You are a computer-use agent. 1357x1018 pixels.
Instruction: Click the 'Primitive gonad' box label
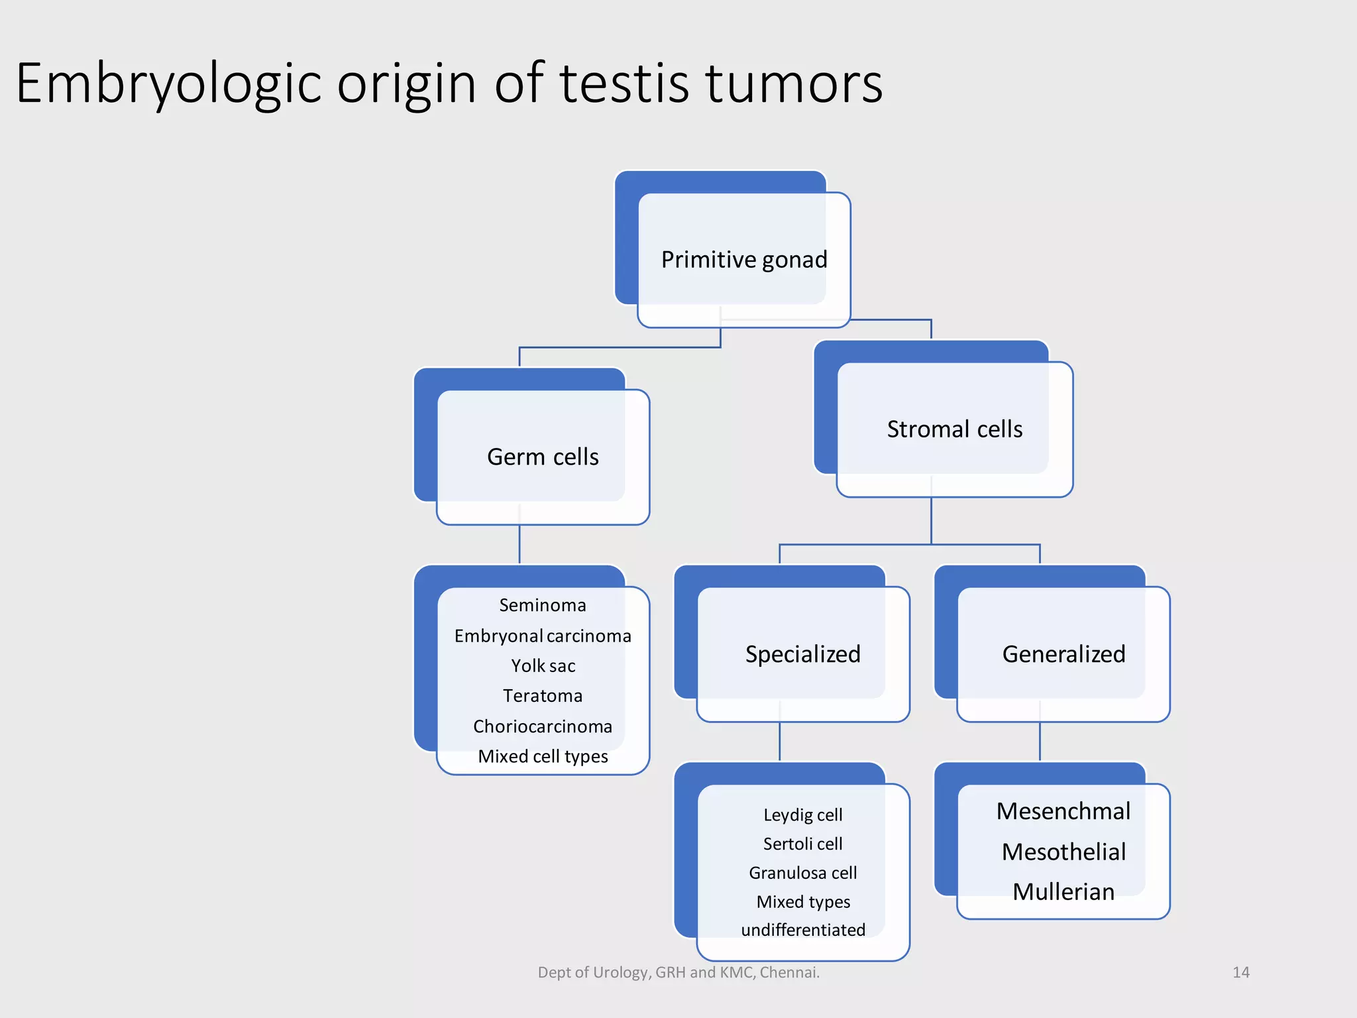[744, 260]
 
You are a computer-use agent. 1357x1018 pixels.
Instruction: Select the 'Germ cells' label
[543, 457]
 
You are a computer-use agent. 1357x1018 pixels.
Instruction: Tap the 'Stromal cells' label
[954, 429]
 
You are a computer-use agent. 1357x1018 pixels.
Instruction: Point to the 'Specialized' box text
[802, 654]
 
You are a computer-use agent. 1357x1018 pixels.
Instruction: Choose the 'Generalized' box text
[1063, 654]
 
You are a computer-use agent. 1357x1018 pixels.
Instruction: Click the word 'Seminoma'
[543, 605]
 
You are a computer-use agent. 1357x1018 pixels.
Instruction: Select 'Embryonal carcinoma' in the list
[543, 636]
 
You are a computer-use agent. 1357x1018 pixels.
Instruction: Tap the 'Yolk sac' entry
[543, 665]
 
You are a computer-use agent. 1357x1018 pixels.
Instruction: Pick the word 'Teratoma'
[543, 696]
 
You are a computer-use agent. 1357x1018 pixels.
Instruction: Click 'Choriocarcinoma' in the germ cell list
[543, 726]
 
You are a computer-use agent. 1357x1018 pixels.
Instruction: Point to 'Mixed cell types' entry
[543, 756]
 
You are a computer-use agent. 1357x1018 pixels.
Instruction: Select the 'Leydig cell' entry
[802, 815]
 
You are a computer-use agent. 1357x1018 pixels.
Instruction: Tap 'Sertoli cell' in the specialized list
[802, 844]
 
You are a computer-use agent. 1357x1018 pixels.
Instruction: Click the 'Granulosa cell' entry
[802, 873]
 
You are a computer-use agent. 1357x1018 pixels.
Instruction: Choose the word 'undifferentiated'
[802, 930]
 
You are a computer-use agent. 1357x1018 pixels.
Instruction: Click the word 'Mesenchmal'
[1063, 811]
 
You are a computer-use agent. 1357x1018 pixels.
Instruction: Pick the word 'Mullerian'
[1063, 891]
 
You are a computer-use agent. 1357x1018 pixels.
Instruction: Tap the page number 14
[1240, 972]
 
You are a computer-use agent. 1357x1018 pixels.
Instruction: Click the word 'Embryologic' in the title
[168, 84]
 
